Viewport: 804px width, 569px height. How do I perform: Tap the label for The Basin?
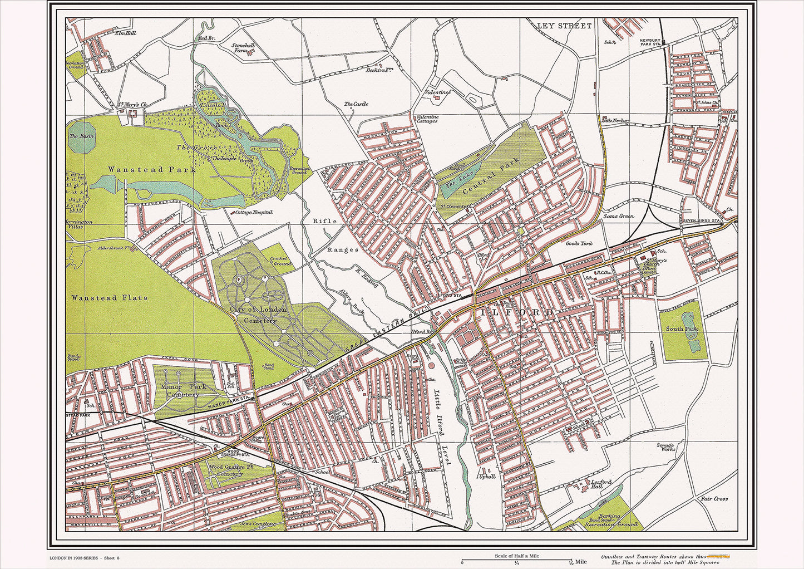(82, 136)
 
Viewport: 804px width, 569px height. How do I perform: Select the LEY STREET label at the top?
(564, 26)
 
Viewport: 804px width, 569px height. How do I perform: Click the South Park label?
(682, 329)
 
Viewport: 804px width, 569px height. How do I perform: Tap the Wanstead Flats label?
(109, 298)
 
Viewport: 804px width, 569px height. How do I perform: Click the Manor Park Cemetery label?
(183, 390)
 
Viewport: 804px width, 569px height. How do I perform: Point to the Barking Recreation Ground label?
(610, 520)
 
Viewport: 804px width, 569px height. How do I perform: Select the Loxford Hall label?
(601, 484)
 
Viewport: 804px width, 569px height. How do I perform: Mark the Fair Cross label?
(714, 499)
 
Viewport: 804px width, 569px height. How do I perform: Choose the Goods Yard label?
(579, 244)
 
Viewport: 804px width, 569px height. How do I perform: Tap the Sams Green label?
(619, 216)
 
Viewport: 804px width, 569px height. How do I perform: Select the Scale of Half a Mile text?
(517, 556)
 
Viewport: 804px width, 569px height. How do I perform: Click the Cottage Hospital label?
(253, 212)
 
